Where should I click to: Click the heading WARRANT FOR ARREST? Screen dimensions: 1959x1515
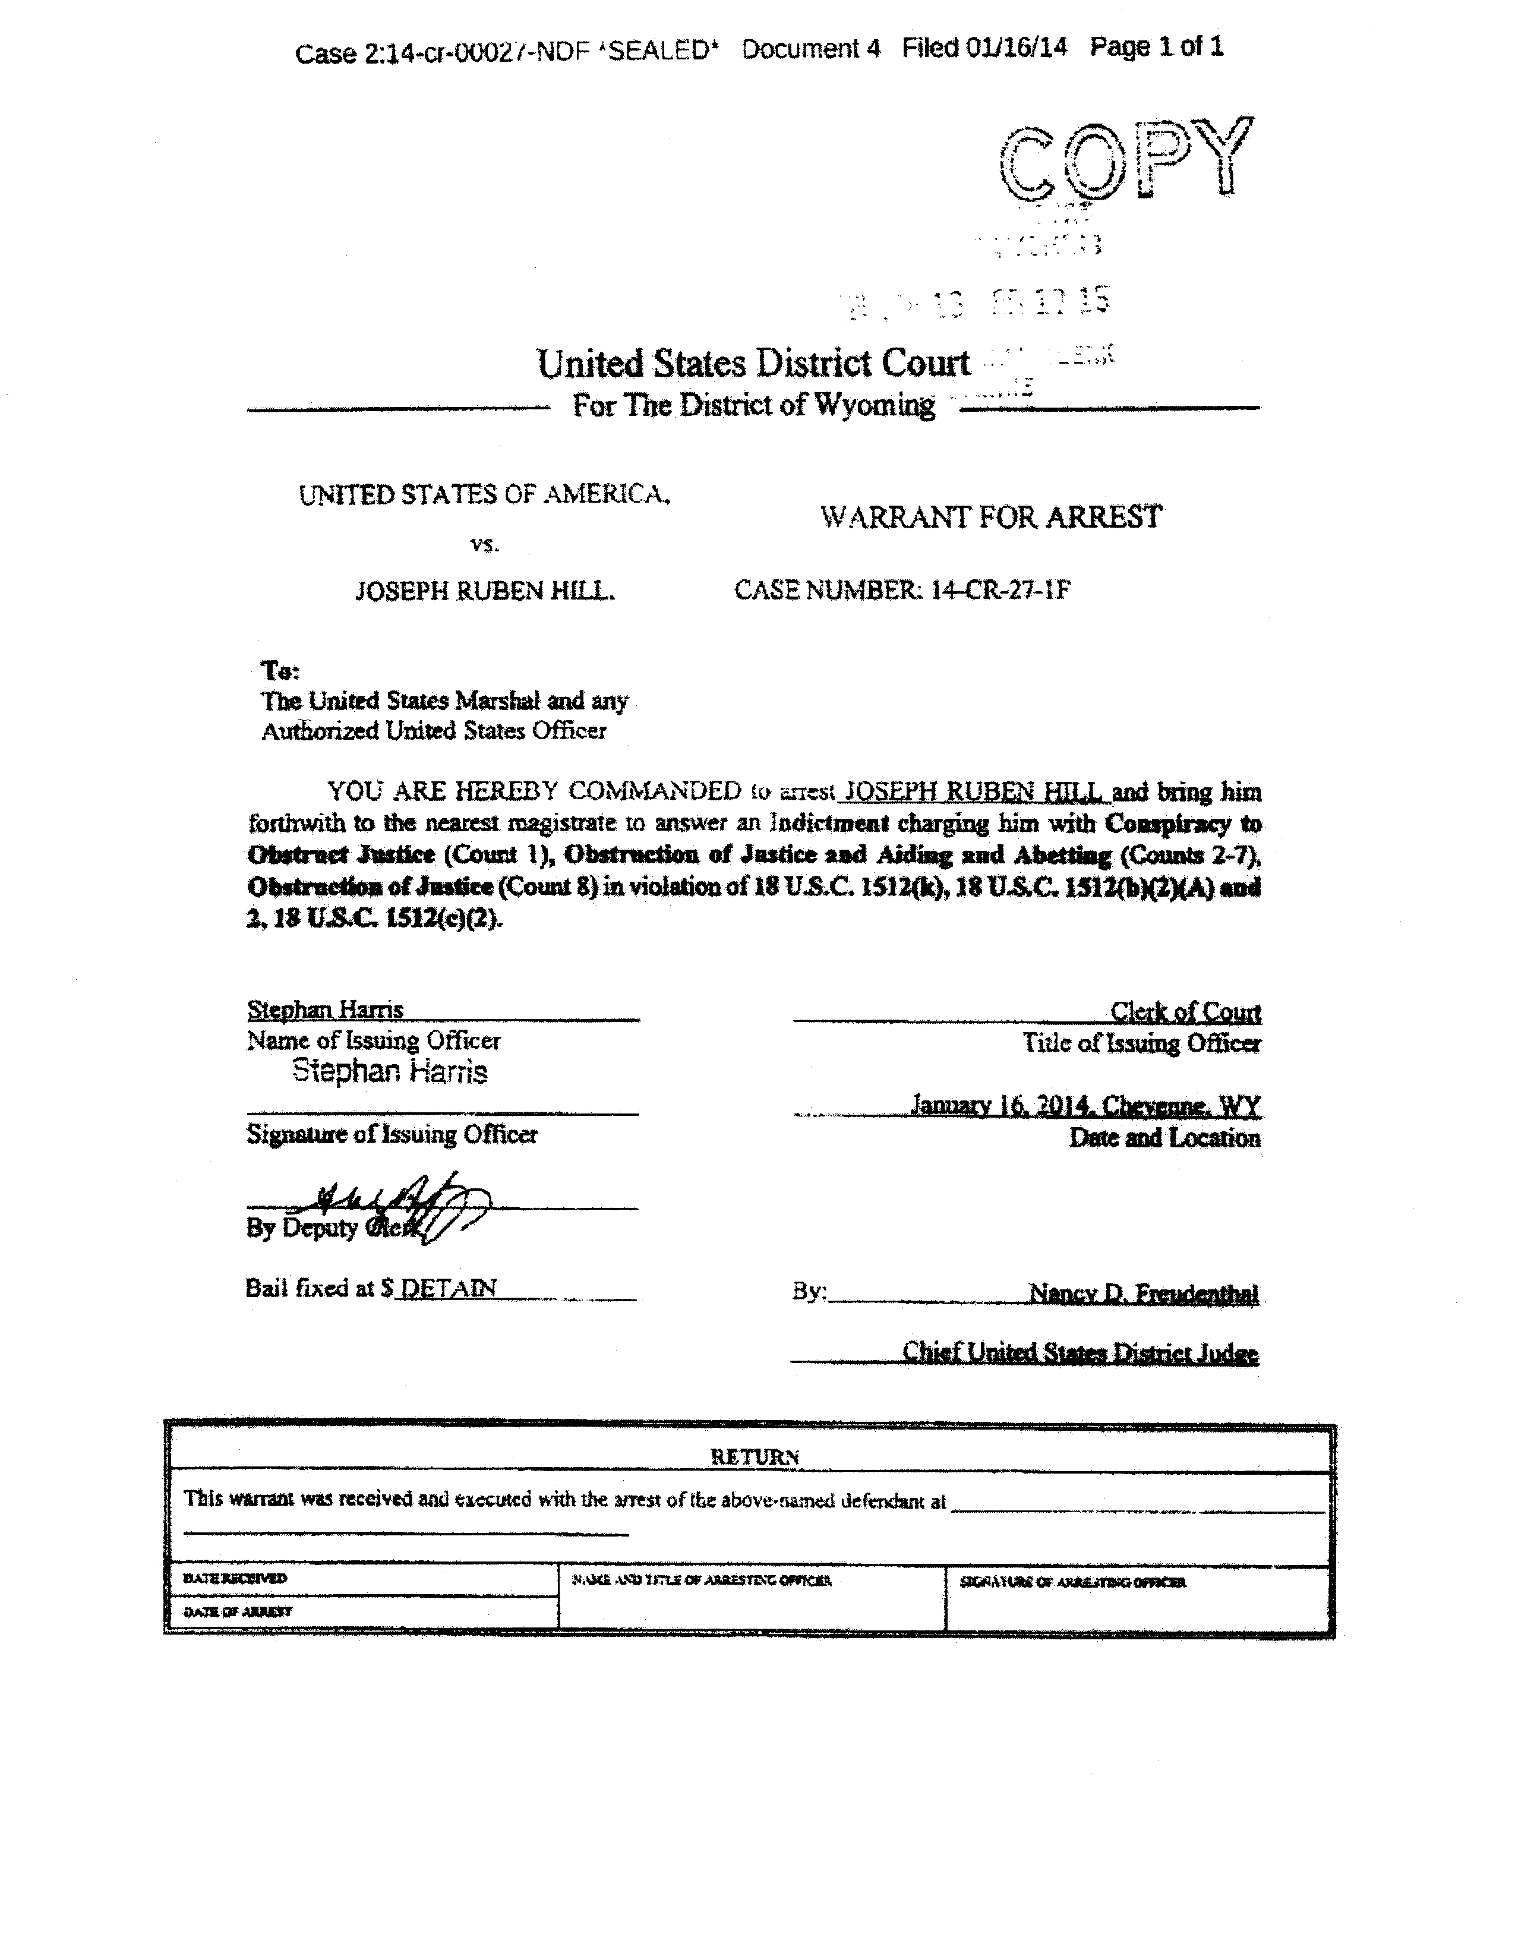tap(990, 517)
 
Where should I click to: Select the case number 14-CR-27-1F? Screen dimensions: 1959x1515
tap(1000, 590)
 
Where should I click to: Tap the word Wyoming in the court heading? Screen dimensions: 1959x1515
tap(874, 405)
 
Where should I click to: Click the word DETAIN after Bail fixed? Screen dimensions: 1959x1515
tap(447, 1288)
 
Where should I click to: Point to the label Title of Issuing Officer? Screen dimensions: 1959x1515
tap(1141, 1043)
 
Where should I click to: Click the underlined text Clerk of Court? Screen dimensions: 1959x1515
tap(1185, 1012)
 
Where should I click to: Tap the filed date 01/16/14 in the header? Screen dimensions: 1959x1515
tap(1017, 48)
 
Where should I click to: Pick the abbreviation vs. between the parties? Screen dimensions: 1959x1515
tap(484, 544)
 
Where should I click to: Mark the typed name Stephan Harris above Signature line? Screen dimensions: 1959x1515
tap(389, 1071)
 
